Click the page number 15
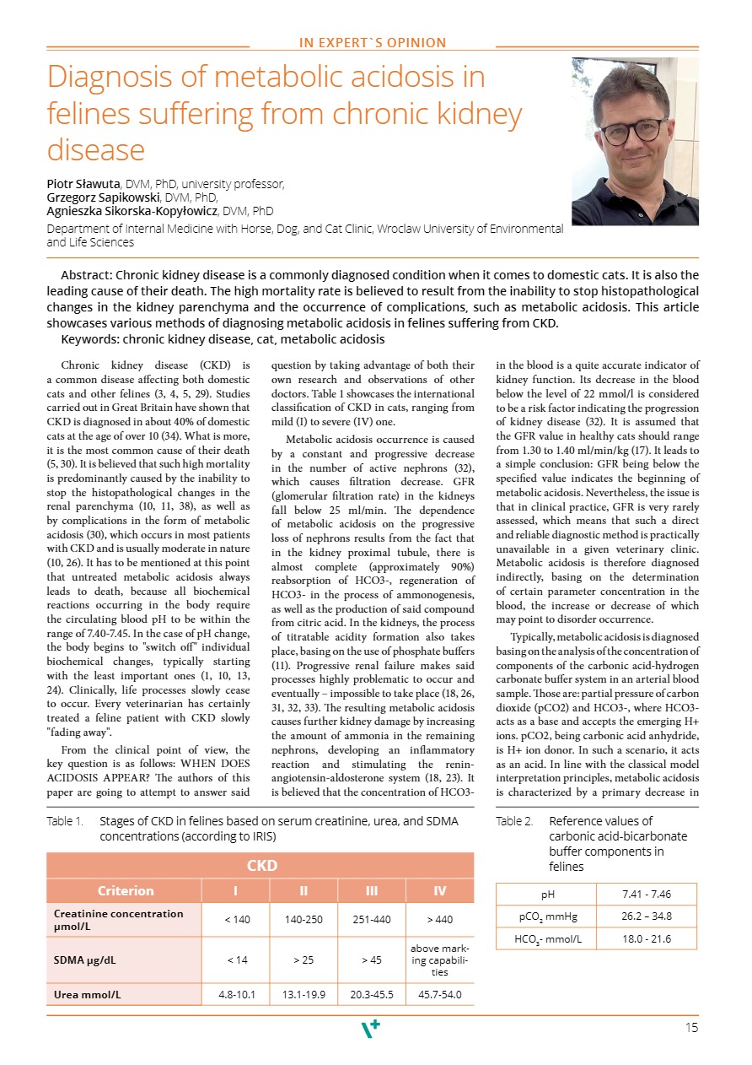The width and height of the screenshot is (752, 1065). [x=692, y=1027]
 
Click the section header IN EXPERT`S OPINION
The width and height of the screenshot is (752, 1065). [x=373, y=43]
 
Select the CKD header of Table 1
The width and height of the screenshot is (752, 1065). [x=261, y=865]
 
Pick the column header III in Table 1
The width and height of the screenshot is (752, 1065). [x=372, y=890]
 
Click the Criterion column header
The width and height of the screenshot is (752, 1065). [x=125, y=890]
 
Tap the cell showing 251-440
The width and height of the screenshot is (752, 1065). [x=372, y=919]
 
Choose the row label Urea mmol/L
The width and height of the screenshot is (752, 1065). [x=87, y=994]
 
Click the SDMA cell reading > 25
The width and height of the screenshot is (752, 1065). [x=303, y=959]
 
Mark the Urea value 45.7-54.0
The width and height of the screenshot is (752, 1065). [x=440, y=994]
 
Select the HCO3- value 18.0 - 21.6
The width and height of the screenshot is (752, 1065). [x=647, y=938]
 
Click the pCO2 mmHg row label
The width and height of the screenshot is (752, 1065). [x=546, y=916]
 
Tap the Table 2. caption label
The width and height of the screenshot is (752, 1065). [x=514, y=821]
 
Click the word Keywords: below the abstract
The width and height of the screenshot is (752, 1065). [x=90, y=339]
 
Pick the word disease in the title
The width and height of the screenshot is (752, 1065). [x=96, y=150]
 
